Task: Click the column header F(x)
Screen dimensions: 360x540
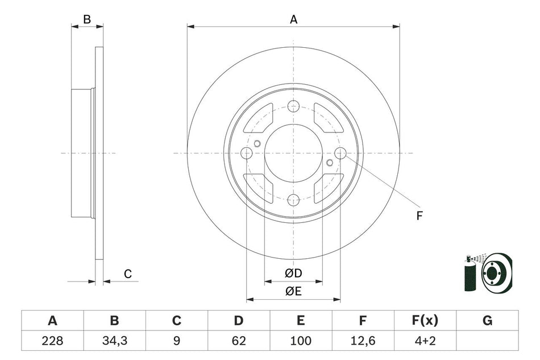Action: coord(425,321)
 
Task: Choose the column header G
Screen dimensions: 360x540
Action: coord(487,321)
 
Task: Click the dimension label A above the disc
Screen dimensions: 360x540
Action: coord(294,19)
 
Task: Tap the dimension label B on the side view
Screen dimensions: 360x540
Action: coord(87,19)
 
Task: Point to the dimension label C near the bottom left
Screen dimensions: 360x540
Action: coord(128,274)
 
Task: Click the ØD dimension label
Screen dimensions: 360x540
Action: coord(293,274)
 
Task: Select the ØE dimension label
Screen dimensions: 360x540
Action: coord(293,292)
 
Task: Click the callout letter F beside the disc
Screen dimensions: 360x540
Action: coord(419,216)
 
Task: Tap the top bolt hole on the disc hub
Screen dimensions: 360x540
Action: coord(293,106)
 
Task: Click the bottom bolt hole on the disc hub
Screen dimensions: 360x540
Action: coord(293,200)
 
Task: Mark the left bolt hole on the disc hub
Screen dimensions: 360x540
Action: coord(247,153)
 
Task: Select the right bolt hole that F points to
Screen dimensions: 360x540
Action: coord(340,153)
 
